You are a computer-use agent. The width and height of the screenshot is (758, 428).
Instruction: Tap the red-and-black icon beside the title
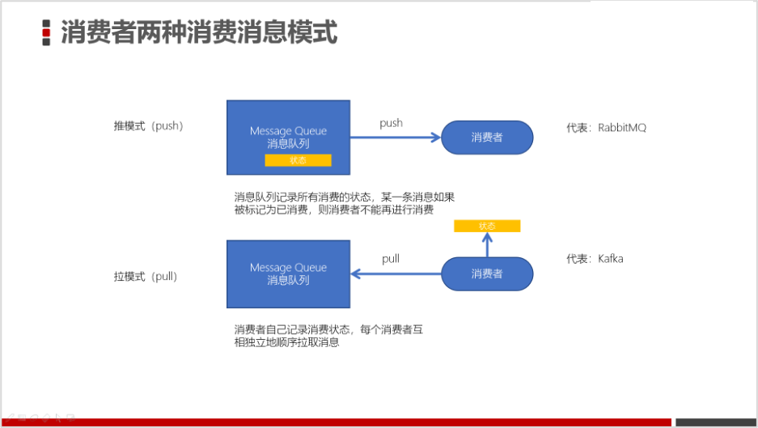47,32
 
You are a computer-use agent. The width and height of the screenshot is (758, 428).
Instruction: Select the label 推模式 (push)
148,126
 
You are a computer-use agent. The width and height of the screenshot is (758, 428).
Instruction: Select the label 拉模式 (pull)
146,276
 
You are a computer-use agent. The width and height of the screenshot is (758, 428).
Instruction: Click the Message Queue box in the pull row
288,273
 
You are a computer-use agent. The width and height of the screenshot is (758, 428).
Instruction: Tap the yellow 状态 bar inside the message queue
298,160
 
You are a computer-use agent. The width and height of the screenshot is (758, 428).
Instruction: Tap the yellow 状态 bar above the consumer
487,227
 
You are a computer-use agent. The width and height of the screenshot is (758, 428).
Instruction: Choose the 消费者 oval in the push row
487,138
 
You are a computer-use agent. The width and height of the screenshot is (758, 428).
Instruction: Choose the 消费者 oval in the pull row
487,273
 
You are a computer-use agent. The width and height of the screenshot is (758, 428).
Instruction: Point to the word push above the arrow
391,123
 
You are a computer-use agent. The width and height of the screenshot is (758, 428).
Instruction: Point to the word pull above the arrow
391,259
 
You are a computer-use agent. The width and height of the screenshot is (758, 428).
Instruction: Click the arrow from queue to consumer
395,138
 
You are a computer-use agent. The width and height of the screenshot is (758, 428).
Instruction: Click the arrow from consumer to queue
395,273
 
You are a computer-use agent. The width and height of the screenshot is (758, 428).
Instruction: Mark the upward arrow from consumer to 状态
487,245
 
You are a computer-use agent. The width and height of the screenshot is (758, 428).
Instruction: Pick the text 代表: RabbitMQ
606,127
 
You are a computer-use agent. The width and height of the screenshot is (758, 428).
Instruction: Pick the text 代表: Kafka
595,259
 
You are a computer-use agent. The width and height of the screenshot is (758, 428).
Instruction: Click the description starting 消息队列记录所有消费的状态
345,203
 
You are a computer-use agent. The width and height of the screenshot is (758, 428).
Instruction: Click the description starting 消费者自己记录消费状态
328,336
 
